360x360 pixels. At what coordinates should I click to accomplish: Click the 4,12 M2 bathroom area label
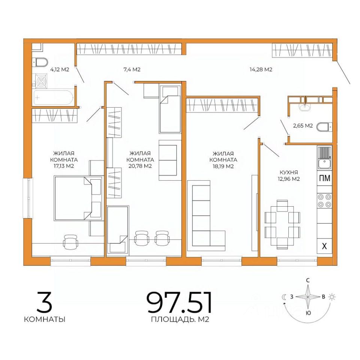[60, 69]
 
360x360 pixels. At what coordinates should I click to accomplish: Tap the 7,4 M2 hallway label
[132, 69]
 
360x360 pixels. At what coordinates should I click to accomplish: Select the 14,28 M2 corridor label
[261, 69]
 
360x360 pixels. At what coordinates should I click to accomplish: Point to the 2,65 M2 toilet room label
[303, 126]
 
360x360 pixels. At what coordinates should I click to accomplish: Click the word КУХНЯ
[289, 172]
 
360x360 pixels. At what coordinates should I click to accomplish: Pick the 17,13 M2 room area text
[64, 166]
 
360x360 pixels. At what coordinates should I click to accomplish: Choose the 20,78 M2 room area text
[140, 166]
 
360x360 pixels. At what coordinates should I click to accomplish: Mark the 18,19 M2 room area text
[223, 166]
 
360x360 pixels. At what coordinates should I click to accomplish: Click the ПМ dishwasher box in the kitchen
[325, 178]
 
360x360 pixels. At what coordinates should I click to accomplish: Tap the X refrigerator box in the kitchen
[324, 246]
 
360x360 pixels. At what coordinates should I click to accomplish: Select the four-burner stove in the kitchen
[325, 201]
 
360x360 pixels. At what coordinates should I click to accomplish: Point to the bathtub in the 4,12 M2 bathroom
[53, 97]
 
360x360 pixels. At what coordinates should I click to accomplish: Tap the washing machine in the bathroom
[40, 81]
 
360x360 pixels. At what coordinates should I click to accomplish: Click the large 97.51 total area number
[179, 302]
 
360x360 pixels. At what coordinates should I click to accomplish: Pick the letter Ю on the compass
[309, 313]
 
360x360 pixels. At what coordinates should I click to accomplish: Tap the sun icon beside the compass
[332, 297]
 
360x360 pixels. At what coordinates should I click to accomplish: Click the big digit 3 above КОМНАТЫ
[45, 302]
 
